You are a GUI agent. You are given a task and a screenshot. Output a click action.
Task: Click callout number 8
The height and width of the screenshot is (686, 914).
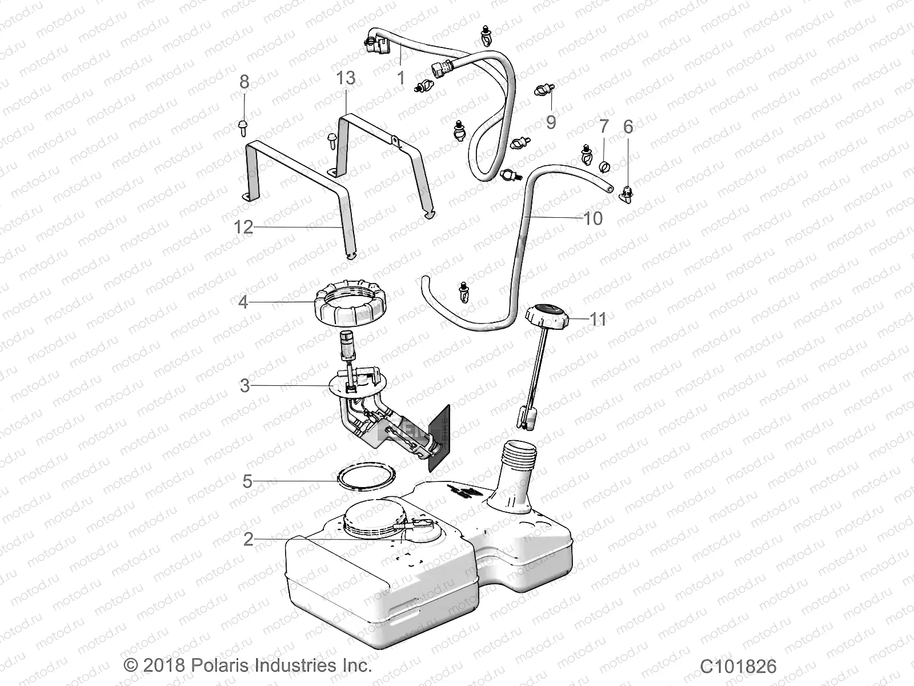(244, 82)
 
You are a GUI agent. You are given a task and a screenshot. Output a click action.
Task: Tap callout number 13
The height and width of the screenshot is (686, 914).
(346, 78)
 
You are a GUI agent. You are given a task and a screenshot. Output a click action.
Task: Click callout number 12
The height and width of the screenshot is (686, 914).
(243, 228)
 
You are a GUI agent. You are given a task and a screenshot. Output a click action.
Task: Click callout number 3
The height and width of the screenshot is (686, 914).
(244, 386)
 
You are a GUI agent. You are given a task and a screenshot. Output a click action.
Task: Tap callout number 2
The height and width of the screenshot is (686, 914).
(248, 539)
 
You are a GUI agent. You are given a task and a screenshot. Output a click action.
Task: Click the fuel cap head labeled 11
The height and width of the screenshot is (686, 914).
(547, 316)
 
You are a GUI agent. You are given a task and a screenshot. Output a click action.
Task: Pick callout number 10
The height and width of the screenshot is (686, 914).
(593, 218)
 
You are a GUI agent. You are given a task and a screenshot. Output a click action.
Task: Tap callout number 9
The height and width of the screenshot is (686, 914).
(551, 122)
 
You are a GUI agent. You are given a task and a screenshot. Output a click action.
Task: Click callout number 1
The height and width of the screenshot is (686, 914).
(401, 78)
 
